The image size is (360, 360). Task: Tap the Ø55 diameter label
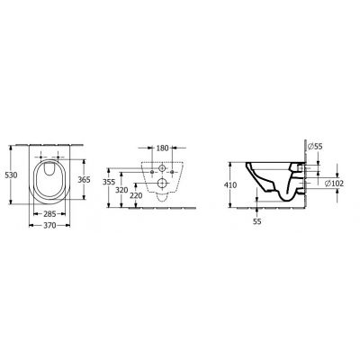coord(316,145)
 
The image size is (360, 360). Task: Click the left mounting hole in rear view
coord(150,166)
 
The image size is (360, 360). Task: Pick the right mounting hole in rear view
coord(174,166)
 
